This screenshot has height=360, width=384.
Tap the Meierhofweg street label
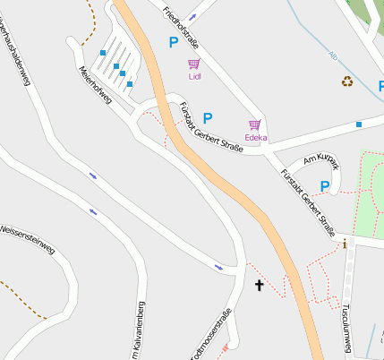[94, 86]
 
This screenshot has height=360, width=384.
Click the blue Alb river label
[333, 55]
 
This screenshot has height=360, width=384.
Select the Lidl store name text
[195, 77]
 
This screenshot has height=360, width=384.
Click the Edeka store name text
[256, 138]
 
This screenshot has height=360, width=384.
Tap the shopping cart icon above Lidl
[194, 64]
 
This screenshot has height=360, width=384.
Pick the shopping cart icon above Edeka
[255, 125]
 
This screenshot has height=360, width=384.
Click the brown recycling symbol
[347, 81]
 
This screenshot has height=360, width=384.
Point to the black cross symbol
[260, 286]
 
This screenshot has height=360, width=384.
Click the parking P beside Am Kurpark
[325, 186]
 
